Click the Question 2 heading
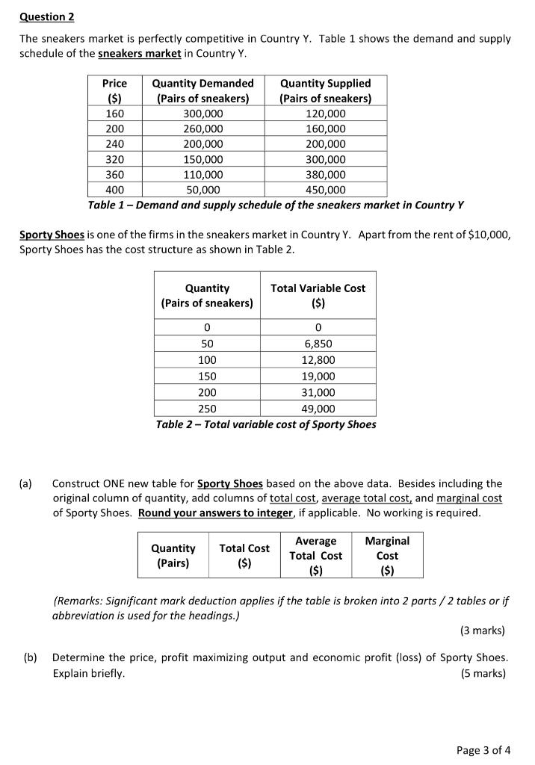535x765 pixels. pyautogui.click(x=47, y=16)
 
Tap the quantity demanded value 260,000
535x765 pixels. pyautogui.click(x=202, y=128)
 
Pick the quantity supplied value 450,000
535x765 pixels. pyautogui.click(x=325, y=190)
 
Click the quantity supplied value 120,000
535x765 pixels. pyautogui.click(x=325, y=114)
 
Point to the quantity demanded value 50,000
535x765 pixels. pyautogui.click(x=202, y=190)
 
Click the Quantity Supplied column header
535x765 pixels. pyautogui.click(x=325, y=90)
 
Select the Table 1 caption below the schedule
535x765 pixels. pyautogui.click(x=276, y=205)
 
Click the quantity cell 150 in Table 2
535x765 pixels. pyautogui.click(x=207, y=377)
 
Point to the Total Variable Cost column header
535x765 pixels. pyautogui.click(x=318, y=295)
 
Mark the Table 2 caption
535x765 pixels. pyautogui.click(x=265, y=424)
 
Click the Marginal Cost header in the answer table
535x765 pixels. pyautogui.click(x=387, y=556)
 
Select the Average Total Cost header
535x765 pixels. pyautogui.click(x=315, y=556)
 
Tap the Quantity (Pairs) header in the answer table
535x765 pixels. pyautogui.click(x=173, y=556)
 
